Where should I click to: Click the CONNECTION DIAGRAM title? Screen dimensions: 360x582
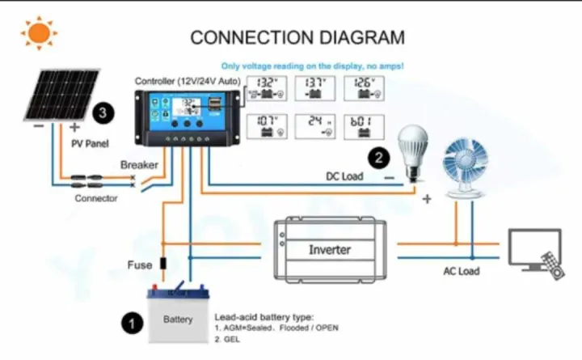[x=297, y=37]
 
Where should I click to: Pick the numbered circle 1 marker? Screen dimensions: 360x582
[x=132, y=324]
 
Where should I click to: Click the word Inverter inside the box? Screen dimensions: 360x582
[x=329, y=250]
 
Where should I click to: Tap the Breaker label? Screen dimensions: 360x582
[x=139, y=165]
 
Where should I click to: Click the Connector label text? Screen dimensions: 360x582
[x=96, y=198]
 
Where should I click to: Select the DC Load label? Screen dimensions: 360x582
[x=344, y=176]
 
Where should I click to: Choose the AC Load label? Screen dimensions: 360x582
[x=461, y=271]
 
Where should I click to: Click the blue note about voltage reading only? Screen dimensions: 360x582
[x=312, y=65]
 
